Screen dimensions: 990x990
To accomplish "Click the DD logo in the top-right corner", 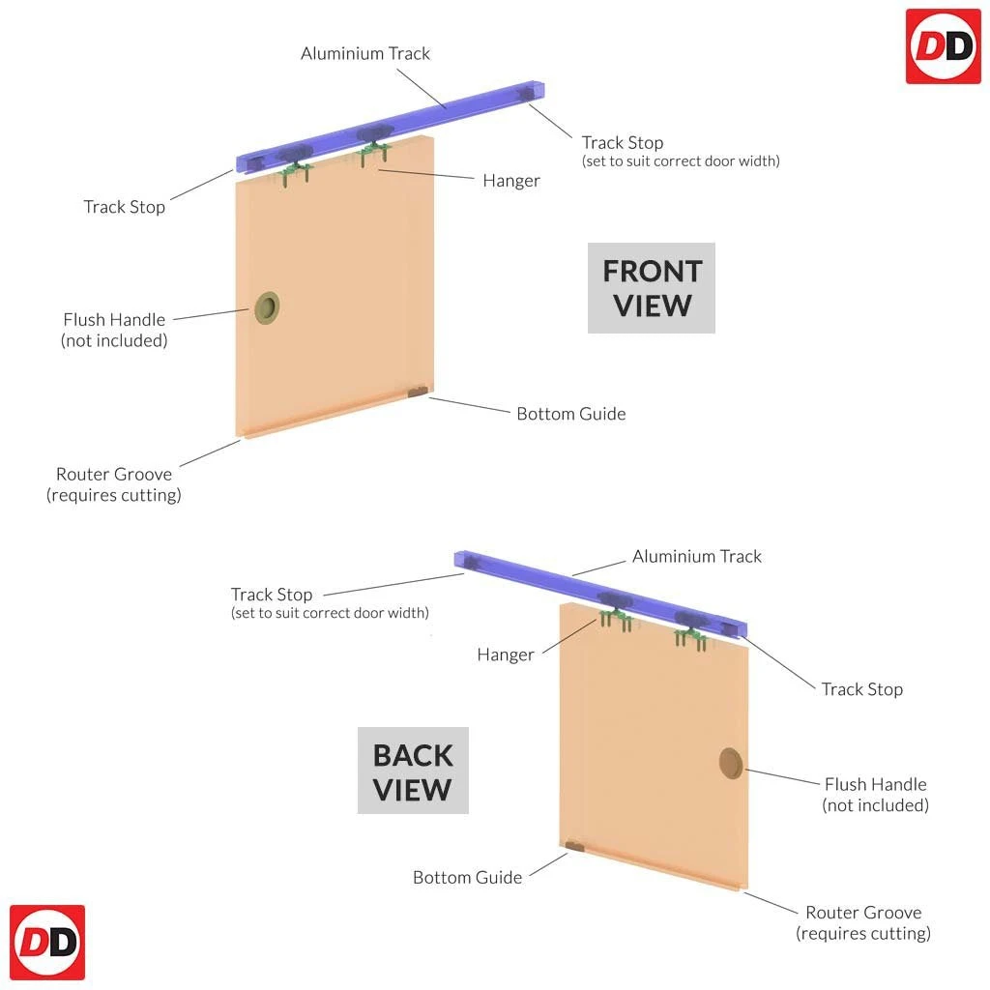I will (x=943, y=45).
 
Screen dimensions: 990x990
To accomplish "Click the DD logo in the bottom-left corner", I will (x=47, y=942).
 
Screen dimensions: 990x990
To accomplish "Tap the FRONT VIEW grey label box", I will (x=652, y=288).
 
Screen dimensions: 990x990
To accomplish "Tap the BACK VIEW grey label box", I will (x=413, y=771).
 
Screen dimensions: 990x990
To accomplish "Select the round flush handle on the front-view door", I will (x=266, y=307).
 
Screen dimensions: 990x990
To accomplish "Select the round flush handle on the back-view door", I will (x=732, y=762).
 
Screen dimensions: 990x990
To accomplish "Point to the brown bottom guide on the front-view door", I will (x=418, y=392).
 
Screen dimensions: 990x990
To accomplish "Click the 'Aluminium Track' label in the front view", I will (x=365, y=53).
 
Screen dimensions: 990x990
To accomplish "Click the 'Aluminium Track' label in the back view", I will (x=696, y=556).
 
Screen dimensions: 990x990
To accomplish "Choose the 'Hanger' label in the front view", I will (x=511, y=181).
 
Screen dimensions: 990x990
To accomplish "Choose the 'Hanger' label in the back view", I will (x=506, y=655).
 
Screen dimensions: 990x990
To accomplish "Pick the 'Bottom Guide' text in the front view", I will (x=570, y=414).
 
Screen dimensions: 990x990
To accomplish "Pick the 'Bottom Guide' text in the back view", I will (x=467, y=877).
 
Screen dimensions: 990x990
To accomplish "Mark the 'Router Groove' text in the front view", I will (x=114, y=474).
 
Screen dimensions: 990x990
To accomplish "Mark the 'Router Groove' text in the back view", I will (x=863, y=912).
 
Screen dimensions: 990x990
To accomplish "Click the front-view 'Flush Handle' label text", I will (x=114, y=319).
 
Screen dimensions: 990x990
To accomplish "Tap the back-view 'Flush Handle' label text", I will (x=875, y=784).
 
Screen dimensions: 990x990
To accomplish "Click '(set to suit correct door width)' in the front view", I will (x=681, y=161).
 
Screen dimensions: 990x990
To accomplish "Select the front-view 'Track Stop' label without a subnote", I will (x=124, y=207).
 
